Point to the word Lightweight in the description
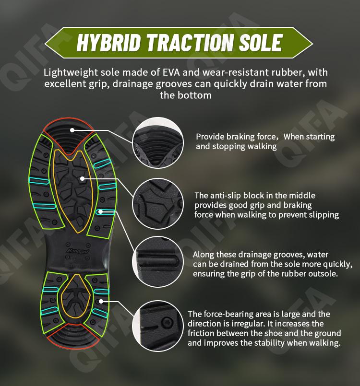coord(71,72)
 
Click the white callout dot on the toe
coord(72,130)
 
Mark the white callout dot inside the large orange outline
coord(83,178)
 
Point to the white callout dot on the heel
coord(101,301)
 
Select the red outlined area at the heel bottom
coord(74,347)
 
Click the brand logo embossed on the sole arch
coord(75,251)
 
